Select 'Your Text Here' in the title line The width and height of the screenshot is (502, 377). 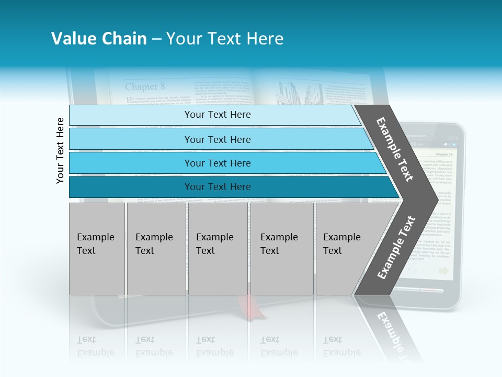pyautogui.click(x=225, y=39)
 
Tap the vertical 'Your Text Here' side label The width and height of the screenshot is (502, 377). pyautogui.click(x=60, y=150)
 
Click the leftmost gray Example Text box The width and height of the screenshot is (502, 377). pyautogui.click(x=97, y=249)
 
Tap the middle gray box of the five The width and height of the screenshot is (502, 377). pyautogui.click(x=218, y=249)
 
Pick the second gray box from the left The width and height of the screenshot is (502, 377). pyautogui.click(x=156, y=249)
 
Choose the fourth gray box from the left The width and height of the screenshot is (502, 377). pyautogui.click(x=282, y=249)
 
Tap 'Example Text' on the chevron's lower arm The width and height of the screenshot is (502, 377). pyautogui.click(x=396, y=247)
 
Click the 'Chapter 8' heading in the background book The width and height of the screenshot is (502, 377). pyautogui.click(x=145, y=86)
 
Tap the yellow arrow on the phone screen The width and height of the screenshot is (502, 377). pyautogui.click(x=444, y=271)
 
